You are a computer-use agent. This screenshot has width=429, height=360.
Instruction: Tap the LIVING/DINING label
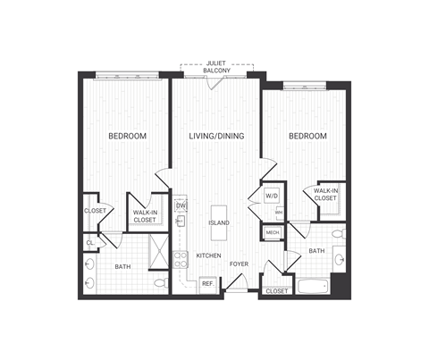coord(217,136)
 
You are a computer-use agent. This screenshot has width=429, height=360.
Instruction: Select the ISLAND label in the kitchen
coord(218,222)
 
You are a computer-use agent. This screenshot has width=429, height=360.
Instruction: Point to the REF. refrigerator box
coord(206,283)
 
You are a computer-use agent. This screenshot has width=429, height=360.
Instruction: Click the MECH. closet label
coord(272,233)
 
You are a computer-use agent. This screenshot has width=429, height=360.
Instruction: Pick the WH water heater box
coord(280,213)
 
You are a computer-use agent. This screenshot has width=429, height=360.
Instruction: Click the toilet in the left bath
coord(159,283)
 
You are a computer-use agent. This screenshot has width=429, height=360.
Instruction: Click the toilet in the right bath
coord(337,234)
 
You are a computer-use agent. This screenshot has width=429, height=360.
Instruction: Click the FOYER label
coord(239,264)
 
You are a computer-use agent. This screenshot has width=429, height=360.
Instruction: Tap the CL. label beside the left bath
coord(90,242)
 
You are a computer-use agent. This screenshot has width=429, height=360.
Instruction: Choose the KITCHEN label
coord(209,255)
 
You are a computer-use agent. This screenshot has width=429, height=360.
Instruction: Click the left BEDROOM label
coord(127,136)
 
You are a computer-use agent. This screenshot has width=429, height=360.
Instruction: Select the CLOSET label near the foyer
coord(277,290)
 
